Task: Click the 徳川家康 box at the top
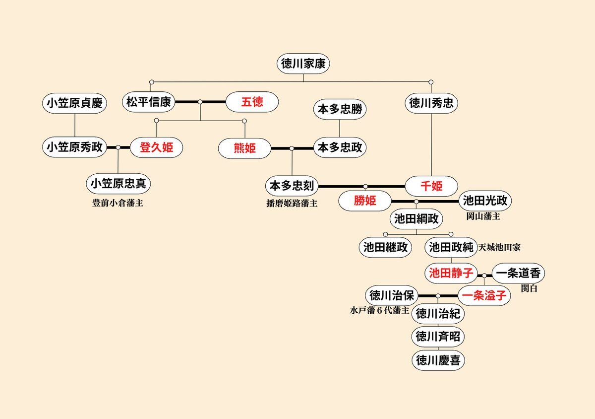[x=303, y=64]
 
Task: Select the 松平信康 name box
[x=149, y=102]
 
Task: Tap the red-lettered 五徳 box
[x=252, y=102]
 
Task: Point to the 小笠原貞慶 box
[x=74, y=103]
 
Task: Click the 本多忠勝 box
[x=340, y=110]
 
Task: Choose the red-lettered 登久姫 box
[x=156, y=147]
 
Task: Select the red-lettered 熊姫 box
[x=245, y=148]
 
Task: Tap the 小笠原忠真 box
[x=118, y=184]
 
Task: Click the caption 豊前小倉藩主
[x=118, y=203]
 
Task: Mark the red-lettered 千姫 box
[x=431, y=186]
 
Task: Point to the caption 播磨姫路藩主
[x=292, y=203]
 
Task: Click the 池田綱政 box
[x=416, y=218]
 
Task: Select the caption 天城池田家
[x=500, y=246]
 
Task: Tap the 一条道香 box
[x=519, y=273]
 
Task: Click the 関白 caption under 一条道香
[x=529, y=288]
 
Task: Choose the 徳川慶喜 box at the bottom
[x=438, y=360]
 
